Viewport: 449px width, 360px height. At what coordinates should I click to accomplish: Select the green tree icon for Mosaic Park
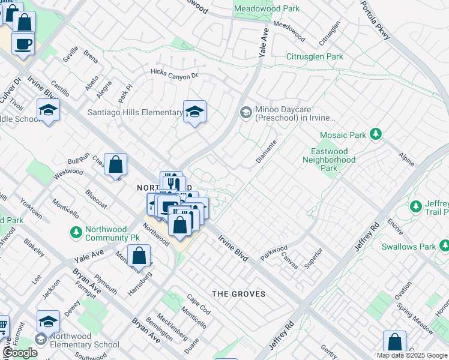(376, 134)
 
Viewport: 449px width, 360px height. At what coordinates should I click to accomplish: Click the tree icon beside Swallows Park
(444, 245)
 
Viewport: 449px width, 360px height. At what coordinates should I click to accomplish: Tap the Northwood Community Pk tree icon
(76, 232)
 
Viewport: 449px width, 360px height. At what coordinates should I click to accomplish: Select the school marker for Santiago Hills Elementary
(194, 111)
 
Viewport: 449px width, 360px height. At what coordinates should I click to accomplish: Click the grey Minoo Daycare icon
(246, 112)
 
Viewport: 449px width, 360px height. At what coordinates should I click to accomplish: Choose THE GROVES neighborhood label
(239, 294)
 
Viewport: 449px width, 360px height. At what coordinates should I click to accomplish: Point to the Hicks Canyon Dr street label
(174, 76)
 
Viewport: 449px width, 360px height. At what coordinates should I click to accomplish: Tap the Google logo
(20, 353)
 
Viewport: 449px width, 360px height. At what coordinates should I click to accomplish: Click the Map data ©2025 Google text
(412, 355)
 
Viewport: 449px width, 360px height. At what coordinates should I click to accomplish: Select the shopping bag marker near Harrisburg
(139, 256)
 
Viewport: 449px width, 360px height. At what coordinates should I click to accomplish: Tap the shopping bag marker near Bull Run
(116, 164)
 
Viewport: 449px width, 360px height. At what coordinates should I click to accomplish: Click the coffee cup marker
(23, 44)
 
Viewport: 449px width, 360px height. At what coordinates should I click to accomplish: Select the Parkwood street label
(274, 252)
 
